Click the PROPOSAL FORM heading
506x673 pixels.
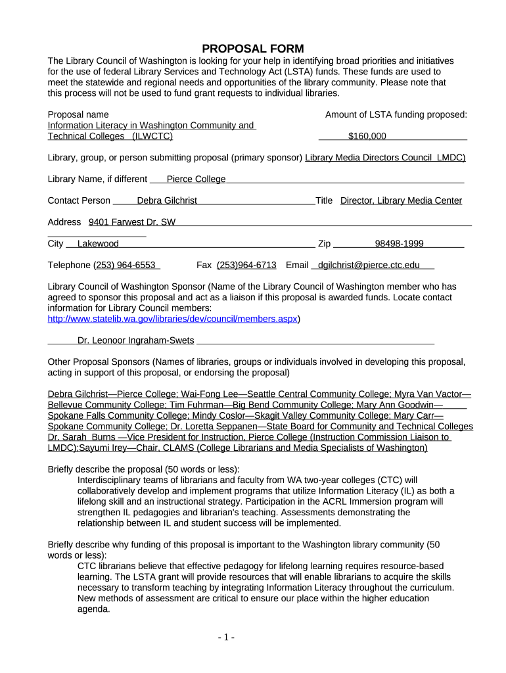click(x=252, y=49)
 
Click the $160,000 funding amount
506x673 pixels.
click(x=367, y=136)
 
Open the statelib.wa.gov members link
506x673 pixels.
click(x=173, y=319)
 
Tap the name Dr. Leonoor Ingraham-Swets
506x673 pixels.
click(x=135, y=340)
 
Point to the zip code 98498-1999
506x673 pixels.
click(x=399, y=244)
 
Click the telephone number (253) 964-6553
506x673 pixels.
click(x=125, y=265)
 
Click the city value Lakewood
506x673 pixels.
click(x=98, y=244)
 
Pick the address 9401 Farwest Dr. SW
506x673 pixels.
click(x=132, y=222)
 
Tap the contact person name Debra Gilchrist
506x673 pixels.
click(x=167, y=200)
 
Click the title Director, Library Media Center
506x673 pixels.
click(x=401, y=200)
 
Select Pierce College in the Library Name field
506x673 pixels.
click(x=196, y=179)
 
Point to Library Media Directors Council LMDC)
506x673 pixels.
click(x=385, y=158)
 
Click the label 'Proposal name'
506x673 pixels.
click(x=78, y=114)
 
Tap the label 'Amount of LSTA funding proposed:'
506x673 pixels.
click(x=396, y=114)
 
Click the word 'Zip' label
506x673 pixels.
click(x=324, y=244)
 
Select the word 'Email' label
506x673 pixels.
click(x=297, y=265)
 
